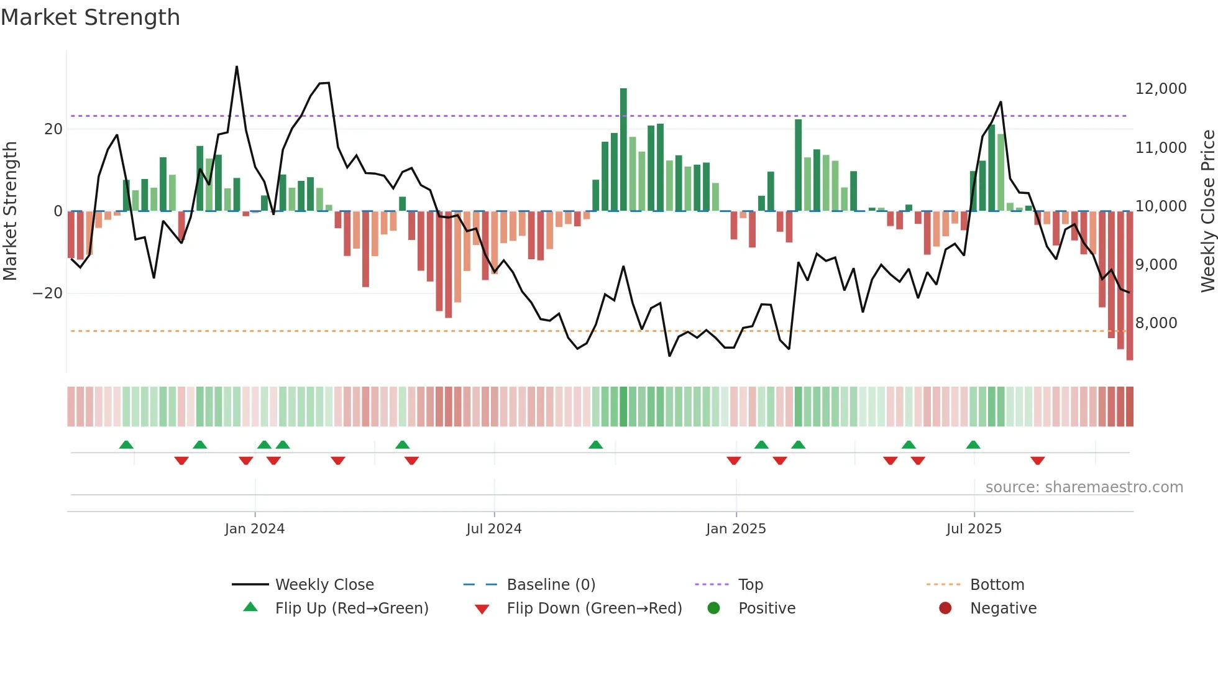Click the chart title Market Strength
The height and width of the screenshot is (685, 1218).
point(90,17)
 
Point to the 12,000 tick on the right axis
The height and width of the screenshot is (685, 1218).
point(1160,89)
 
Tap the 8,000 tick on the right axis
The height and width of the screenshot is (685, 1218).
point(1156,323)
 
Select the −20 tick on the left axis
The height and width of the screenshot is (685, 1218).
point(48,293)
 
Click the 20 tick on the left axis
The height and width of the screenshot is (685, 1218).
point(53,129)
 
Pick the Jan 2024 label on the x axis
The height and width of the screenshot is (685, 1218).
point(255,529)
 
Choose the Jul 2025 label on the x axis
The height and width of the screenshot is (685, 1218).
point(974,529)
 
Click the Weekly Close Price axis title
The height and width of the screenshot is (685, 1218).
point(1207,211)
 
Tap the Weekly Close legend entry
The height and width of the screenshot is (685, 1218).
point(324,585)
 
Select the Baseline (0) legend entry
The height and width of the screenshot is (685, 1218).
point(551,585)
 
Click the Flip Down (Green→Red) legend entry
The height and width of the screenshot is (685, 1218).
point(593,609)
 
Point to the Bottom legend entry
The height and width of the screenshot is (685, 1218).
point(997,585)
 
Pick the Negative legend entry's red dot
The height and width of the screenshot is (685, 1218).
point(945,609)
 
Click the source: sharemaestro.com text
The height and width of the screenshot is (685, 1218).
point(1084,487)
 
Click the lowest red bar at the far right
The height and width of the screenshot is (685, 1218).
point(1130,286)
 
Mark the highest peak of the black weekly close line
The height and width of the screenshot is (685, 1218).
point(237,67)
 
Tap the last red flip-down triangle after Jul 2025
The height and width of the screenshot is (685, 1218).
point(1037,461)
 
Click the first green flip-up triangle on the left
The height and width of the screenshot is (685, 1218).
point(126,444)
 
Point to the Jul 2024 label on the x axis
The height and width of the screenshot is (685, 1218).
point(494,529)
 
